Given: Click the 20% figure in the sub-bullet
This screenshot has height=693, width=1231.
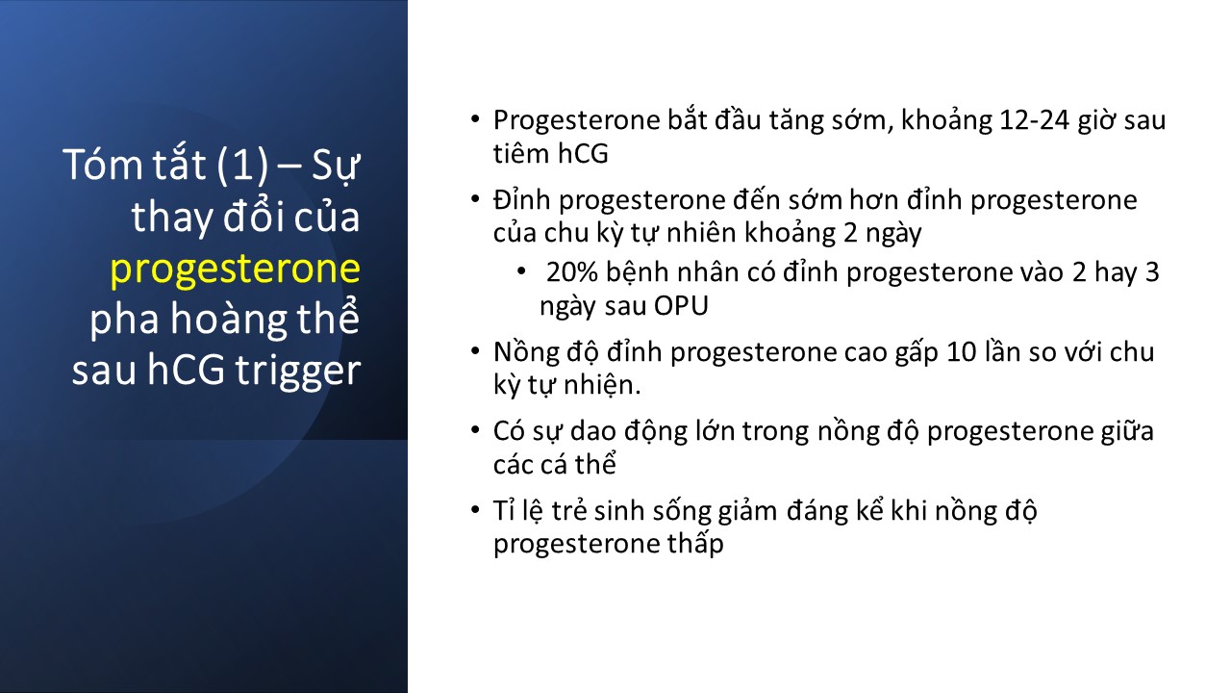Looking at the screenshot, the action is [571, 272].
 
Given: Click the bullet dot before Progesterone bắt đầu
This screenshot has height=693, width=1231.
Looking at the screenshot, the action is [475, 119].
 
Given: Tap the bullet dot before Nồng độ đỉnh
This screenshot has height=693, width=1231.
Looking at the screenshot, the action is [475, 351].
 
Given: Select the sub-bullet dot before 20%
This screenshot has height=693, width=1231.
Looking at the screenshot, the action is [521, 271].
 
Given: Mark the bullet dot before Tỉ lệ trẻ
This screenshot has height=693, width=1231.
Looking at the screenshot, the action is [475, 510].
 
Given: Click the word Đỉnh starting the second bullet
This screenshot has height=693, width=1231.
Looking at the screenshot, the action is [521, 199].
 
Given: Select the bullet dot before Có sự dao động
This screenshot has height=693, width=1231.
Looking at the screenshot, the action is [475, 430].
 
